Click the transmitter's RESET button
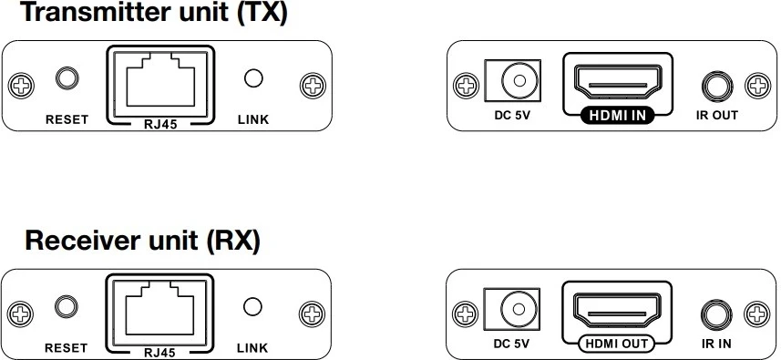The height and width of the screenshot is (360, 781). [x=67, y=78]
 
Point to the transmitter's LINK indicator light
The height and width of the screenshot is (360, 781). [x=253, y=78]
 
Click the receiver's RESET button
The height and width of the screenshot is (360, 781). [x=67, y=309]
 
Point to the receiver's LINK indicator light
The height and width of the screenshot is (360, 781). [x=253, y=309]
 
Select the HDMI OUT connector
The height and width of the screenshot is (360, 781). [x=616, y=312]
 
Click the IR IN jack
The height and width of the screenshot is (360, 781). [x=714, y=315]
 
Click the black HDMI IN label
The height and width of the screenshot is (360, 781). [x=616, y=116]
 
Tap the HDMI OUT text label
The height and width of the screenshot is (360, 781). [x=616, y=344]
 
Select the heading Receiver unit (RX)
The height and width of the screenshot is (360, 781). [x=143, y=242]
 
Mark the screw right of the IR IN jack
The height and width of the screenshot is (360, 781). [x=757, y=314]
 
